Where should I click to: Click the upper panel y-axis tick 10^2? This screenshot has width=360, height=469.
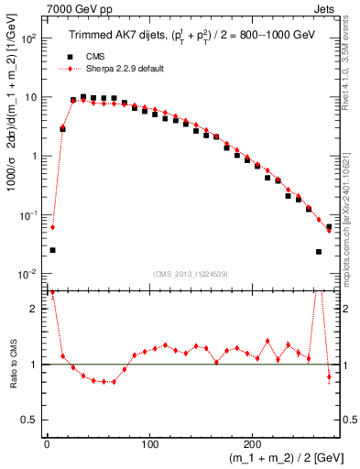pyautogui.click(x=28, y=39)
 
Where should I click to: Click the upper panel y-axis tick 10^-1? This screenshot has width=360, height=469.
pyautogui.click(x=28, y=215)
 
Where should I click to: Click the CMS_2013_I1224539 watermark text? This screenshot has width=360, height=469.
pyautogui.click(x=191, y=273)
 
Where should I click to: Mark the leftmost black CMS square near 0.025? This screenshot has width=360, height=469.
pyautogui.click(x=52, y=250)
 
